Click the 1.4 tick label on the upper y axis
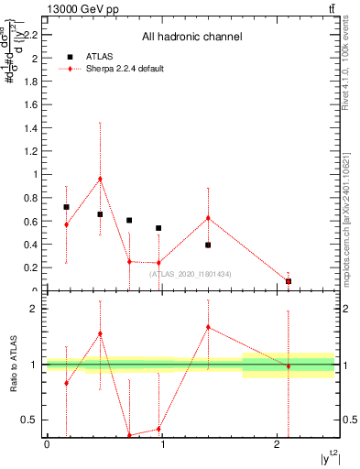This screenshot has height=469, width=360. click(34, 127)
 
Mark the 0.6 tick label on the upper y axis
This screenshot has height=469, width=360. click(34, 221)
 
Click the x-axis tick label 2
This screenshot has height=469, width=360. click(277, 444)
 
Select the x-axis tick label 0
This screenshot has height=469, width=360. click(47, 444)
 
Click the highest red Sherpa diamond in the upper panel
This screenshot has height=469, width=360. click(100, 179)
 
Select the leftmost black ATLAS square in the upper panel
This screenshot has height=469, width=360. click(66, 207)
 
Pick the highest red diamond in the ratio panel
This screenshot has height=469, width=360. click(209, 327)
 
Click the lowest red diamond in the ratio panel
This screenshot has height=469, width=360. click(129, 435)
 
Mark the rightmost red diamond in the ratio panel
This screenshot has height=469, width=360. click(289, 366)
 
